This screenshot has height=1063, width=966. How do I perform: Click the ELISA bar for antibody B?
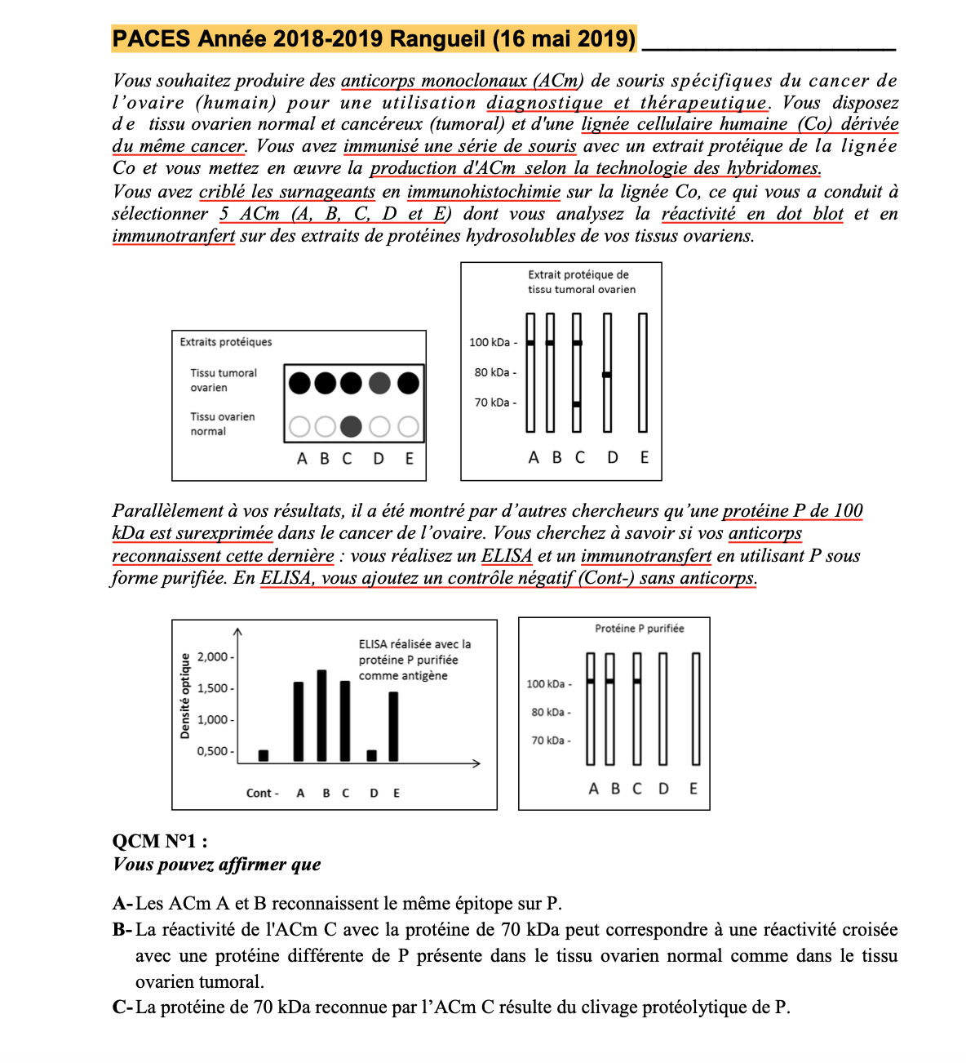322,716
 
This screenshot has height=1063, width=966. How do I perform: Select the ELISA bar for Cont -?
263,755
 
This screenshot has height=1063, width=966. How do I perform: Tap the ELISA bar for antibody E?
394,727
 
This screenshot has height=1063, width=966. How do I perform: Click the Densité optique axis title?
185,696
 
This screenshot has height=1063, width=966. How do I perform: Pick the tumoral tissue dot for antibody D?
379,382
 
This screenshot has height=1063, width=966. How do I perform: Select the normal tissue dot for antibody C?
351,426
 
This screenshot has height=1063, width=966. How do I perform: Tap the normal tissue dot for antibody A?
300,426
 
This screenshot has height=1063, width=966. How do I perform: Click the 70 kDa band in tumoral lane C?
577,404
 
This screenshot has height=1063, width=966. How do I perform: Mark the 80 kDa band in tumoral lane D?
607,375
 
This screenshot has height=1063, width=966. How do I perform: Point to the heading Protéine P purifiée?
639,629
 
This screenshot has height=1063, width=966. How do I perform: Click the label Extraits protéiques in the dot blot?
226,342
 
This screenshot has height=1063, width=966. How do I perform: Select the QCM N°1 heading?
160,841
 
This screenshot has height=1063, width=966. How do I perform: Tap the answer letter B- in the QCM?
122,930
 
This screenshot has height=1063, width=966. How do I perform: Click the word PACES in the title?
151,38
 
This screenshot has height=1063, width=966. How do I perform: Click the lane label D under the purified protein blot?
664,789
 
